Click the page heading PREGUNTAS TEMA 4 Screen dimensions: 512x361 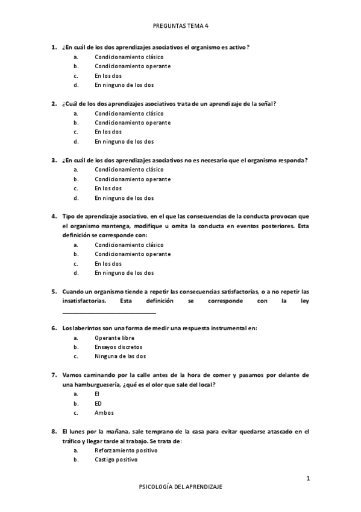point(180,26)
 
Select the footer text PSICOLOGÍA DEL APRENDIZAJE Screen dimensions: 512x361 point(180,487)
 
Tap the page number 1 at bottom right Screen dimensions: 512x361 point(308,479)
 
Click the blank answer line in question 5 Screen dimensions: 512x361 point(109,312)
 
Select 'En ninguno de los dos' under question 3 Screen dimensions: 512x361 point(124,198)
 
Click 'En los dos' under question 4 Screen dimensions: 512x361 point(108,264)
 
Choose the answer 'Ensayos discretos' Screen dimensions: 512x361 point(118,348)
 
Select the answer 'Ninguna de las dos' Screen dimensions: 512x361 point(120,357)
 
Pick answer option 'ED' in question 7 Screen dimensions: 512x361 point(98,404)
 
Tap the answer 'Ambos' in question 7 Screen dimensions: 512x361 point(104,413)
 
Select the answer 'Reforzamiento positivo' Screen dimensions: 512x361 point(126,450)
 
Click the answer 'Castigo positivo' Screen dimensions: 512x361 point(116,460)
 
